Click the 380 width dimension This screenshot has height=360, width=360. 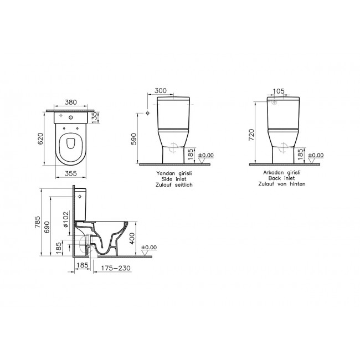pyautogui.click(x=71, y=102)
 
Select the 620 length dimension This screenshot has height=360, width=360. pyautogui.click(x=40, y=138)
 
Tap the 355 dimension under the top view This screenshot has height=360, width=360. pyautogui.click(x=71, y=173)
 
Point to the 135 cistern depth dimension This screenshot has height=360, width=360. pyautogui.click(x=94, y=117)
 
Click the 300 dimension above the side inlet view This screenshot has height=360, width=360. pyautogui.click(x=161, y=91)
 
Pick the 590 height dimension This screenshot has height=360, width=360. pyautogui.click(x=133, y=139)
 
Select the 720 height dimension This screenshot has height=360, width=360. pyautogui.click(x=252, y=135)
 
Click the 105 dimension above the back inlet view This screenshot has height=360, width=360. pyautogui.click(x=279, y=91)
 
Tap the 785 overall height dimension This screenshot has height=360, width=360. pyautogui.click(x=38, y=222)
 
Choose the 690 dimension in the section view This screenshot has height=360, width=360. pyautogui.click(x=47, y=227)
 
